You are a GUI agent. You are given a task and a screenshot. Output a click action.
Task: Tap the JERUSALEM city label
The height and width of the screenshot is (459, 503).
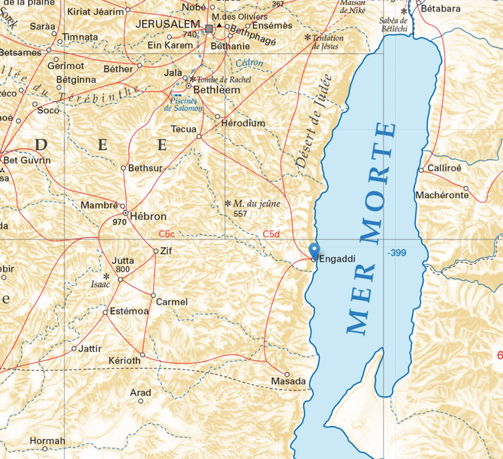coord(167,24)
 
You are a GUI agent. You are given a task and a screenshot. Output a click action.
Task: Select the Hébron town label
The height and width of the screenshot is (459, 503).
coord(148,216)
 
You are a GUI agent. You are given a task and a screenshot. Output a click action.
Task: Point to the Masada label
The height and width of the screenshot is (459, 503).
coord(288,381)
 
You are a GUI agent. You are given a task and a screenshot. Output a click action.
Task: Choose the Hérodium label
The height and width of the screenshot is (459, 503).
coord(242,122)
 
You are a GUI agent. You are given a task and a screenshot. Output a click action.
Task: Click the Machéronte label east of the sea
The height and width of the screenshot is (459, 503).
coord(442,195)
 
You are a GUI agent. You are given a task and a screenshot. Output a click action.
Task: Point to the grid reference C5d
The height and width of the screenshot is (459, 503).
coord(271,233)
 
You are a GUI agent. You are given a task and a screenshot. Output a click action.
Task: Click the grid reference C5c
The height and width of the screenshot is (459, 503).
coord(167,233)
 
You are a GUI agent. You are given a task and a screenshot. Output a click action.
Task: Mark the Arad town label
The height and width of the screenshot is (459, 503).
coord(140,392)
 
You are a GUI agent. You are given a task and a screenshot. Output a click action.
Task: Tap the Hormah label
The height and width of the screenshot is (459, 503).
coord(47,441)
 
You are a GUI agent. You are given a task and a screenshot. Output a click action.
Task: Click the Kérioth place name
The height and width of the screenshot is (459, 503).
coord(125,360)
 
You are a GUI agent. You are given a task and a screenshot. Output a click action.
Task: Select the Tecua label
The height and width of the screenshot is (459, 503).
coord(183,129)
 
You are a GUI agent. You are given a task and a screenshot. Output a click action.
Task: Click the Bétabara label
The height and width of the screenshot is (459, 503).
coord(446,8)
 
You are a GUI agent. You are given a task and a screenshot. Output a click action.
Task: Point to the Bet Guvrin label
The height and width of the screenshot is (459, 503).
coord(28,160)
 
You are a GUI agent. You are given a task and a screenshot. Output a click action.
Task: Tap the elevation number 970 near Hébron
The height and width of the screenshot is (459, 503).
coord(118,222)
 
